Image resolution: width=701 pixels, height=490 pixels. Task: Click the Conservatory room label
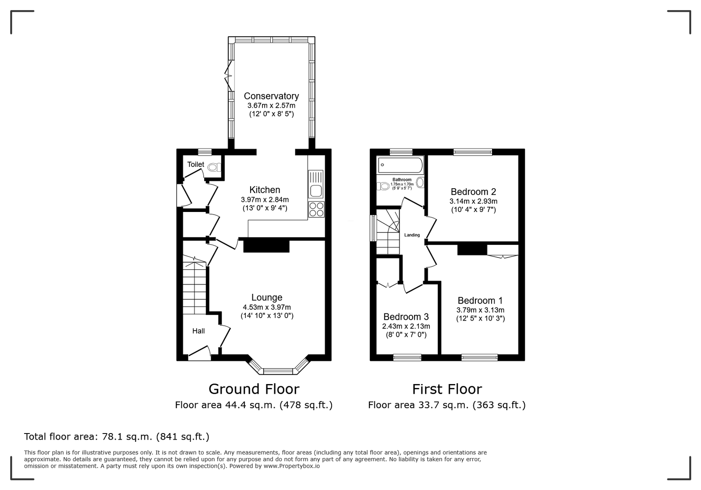tap(271, 96)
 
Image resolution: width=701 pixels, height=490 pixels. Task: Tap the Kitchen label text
tap(265, 190)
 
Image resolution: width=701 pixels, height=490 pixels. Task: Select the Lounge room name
tap(267, 297)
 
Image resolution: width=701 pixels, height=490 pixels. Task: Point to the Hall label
tap(198, 331)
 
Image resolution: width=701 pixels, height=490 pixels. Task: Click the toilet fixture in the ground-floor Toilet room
tap(214, 167)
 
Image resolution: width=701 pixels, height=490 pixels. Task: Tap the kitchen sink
tap(316, 184)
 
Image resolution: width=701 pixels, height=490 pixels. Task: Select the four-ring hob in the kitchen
tap(316, 209)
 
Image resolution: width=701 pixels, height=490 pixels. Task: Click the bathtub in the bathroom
tap(400, 165)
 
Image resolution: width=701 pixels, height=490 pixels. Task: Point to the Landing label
tap(412, 235)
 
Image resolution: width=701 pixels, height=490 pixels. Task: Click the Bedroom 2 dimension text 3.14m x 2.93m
tap(474, 201)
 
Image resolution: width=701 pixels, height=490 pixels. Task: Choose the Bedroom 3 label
tap(406, 317)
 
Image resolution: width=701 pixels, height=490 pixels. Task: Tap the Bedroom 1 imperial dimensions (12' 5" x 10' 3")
tap(480, 319)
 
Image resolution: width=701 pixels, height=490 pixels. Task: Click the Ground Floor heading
tap(254, 389)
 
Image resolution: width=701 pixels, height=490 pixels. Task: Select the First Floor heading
tap(447, 389)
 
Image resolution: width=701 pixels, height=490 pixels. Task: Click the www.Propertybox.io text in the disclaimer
tap(292, 466)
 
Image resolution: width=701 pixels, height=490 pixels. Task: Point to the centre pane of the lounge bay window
tap(278, 371)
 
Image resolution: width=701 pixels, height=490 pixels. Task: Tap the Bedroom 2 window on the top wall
tap(473, 152)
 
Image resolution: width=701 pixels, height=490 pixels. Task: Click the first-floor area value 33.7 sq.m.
tap(444, 405)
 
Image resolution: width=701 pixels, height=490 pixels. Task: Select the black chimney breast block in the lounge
tap(266, 245)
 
